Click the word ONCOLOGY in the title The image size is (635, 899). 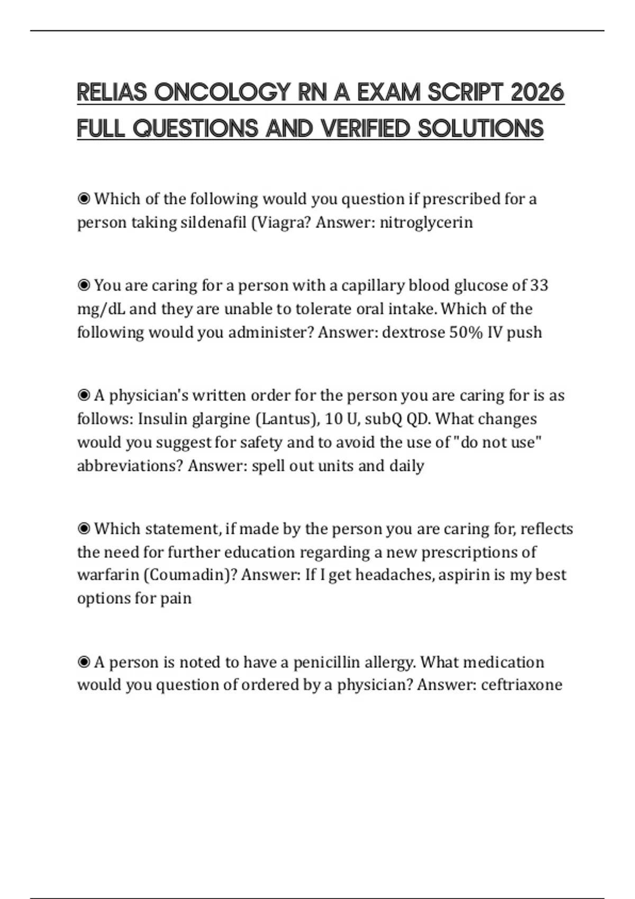point(222,93)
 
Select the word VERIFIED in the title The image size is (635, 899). point(365,129)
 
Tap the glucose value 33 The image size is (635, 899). point(539,286)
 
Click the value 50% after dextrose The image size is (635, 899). point(459,333)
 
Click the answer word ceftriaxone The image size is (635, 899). point(521,685)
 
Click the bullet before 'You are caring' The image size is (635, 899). point(84,286)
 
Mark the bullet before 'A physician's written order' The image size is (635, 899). point(84,396)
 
